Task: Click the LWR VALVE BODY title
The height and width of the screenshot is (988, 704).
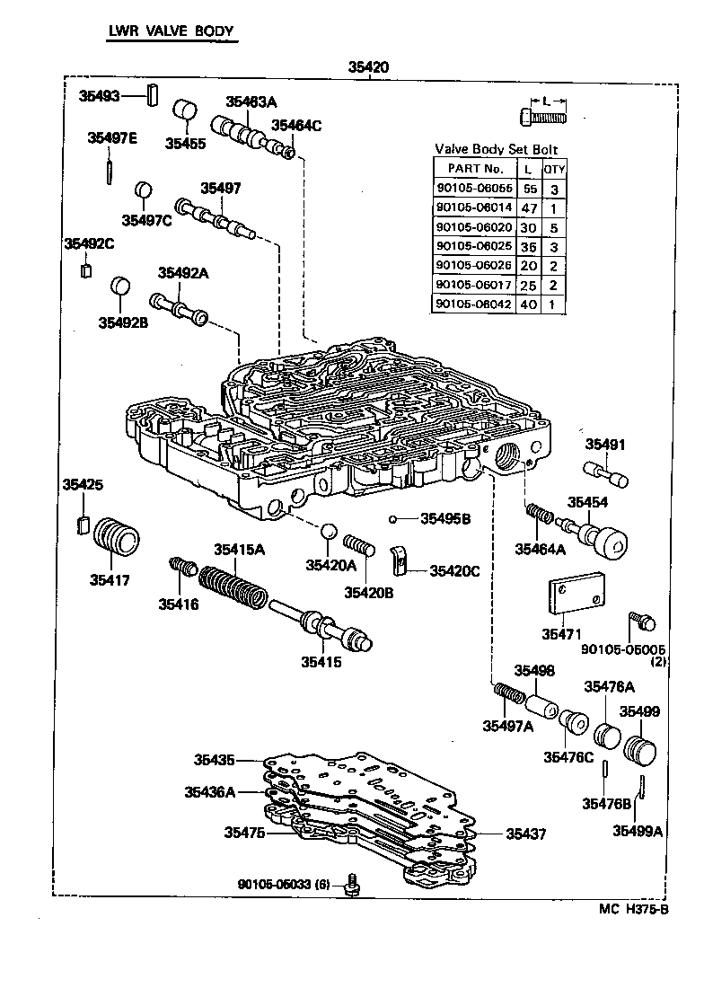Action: point(171,31)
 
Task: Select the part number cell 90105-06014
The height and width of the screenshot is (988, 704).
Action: point(473,206)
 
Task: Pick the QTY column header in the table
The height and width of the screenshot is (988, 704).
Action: point(554,168)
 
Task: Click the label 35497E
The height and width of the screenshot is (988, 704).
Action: point(112,137)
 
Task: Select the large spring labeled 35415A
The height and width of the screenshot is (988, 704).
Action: point(232,589)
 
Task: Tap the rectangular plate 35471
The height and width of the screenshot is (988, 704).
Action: point(573,595)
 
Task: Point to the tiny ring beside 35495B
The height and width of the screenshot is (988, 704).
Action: point(392,518)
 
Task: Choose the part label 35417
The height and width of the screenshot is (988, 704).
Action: point(110,580)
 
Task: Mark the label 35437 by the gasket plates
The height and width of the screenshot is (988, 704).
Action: point(525,834)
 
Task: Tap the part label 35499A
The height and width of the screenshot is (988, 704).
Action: point(638,831)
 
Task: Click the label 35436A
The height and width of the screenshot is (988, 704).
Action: point(210,791)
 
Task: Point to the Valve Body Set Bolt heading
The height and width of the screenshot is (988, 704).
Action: point(498,149)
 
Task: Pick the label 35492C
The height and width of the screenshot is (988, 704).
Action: point(89,243)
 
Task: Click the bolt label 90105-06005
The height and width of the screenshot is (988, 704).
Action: point(622,648)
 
